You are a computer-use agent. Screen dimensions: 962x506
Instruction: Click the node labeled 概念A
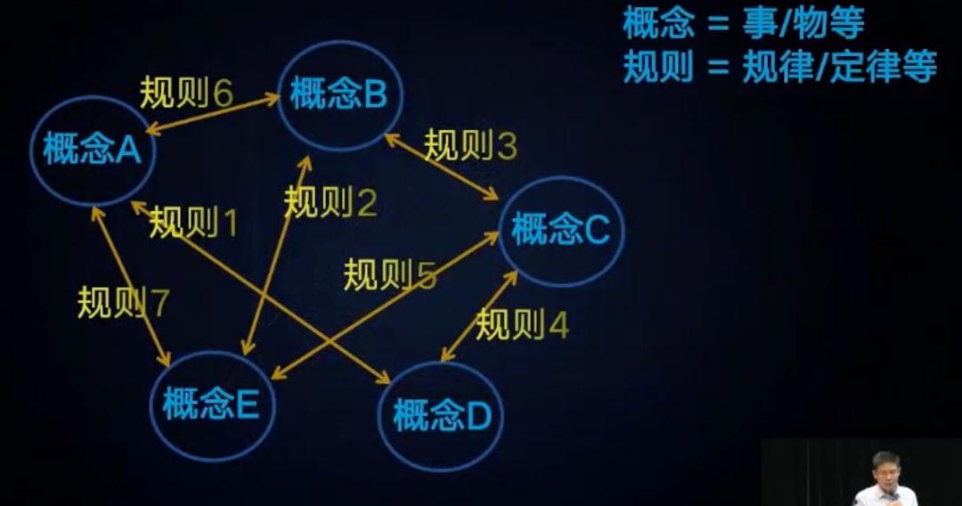[x=92, y=151]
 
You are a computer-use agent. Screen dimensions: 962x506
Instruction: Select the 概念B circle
[x=340, y=95]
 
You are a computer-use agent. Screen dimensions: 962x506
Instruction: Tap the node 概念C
[x=561, y=231]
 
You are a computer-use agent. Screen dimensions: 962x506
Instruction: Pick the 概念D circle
[x=441, y=416]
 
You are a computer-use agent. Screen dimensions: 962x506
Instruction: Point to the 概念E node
[x=212, y=405]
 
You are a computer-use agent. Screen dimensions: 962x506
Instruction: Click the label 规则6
[x=186, y=94]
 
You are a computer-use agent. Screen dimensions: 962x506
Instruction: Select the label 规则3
[x=470, y=146]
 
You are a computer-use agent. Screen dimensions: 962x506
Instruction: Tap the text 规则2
[x=330, y=202]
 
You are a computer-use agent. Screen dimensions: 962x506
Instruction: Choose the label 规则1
[x=193, y=222]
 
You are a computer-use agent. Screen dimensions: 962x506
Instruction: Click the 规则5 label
[x=390, y=274]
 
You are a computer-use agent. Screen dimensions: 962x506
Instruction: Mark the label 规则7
[x=123, y=302]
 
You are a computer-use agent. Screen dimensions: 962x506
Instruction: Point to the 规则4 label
[x=522, y=324]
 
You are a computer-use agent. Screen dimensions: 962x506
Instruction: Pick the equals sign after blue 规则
[x=718, y=67]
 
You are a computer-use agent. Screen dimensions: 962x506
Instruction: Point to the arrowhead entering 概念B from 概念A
[x=273, y=97]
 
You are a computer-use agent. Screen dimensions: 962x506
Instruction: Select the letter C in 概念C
[x=597, y=230]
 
